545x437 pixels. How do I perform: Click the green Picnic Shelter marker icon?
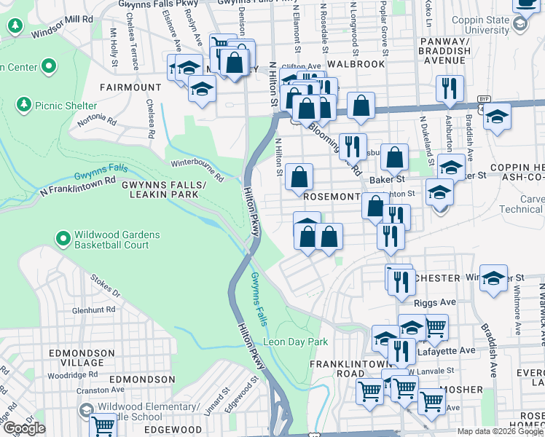[24, 106]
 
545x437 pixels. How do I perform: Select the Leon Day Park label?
[295, 342]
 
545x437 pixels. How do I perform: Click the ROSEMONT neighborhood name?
[332, 197]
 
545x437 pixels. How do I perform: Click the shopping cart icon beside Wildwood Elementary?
[103, 425]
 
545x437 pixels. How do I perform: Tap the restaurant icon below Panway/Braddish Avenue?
[450, 88]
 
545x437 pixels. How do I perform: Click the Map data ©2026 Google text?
[500, 431]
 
